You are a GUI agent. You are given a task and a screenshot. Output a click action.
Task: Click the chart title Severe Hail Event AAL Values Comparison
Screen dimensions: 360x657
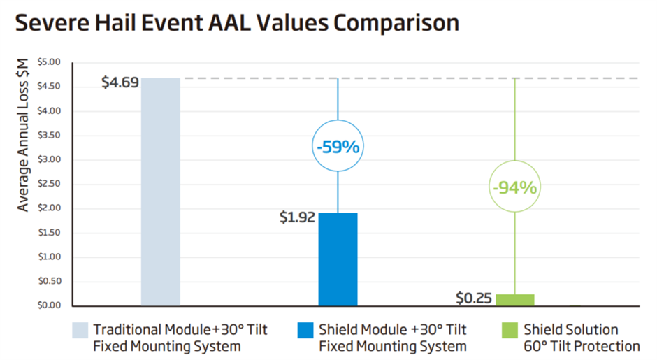coord(237,22)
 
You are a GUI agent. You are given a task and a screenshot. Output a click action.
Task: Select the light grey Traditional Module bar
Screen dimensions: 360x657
coord(160,192)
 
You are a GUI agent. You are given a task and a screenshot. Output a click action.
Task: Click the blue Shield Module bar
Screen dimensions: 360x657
coord(338,259)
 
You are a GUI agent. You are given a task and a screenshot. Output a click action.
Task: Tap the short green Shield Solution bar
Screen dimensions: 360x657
coord(515,300)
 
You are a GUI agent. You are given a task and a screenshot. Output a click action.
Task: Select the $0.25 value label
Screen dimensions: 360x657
coord(475,298)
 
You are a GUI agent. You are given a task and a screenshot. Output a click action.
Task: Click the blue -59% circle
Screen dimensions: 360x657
coord(338,147)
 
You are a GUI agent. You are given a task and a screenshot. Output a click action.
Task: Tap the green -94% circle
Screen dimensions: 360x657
coord(515,188)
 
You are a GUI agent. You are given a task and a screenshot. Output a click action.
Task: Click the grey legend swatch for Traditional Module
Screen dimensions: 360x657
coord(80,330)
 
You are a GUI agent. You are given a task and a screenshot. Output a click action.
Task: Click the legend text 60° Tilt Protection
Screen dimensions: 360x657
coord(582,346)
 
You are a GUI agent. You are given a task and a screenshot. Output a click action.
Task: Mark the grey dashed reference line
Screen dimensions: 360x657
coord(419,78)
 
